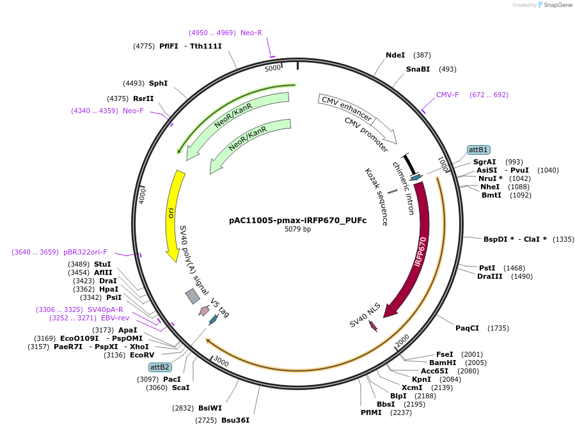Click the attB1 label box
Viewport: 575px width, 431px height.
coord(478,150)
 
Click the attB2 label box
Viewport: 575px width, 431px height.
coord(160,367)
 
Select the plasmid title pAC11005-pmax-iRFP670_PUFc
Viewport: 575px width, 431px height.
coord(298,220)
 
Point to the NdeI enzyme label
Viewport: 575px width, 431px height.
coord(395,56)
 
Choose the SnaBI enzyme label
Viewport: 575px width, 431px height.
coord(418,69)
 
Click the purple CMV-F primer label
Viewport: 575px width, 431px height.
coord(448,95)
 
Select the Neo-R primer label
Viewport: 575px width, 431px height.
coord(251,33)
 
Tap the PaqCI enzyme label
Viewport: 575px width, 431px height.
coord(467,328)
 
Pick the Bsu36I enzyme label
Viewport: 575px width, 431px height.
coord(235,420)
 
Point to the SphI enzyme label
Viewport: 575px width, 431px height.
coord(158,83)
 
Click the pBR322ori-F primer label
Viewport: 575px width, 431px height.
coord(85,252)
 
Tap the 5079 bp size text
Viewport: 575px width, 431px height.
coord(298,229)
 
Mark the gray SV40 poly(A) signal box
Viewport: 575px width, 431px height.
coord(193,295)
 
